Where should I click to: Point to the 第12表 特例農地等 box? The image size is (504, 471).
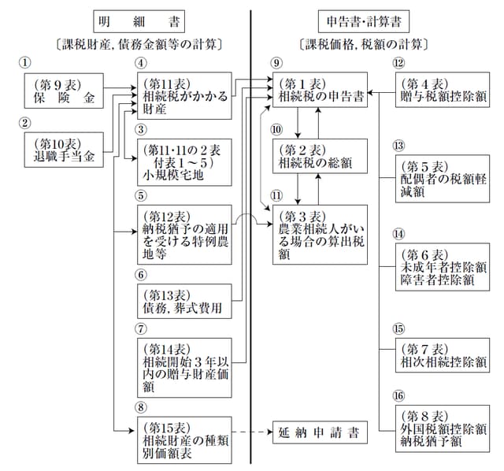point(184,232)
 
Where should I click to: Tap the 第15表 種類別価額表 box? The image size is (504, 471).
point(184,439)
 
